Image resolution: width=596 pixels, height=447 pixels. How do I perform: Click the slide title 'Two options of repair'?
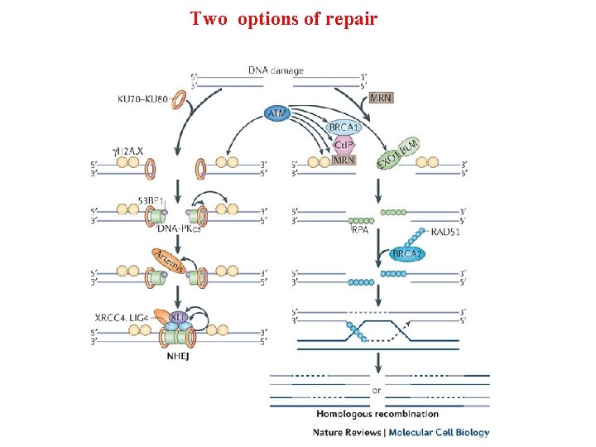[283, 18]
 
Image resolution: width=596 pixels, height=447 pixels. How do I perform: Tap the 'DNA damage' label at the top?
[276, 70]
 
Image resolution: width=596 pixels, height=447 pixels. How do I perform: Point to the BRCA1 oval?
[344, 127]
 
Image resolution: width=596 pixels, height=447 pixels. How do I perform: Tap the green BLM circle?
[409, 146]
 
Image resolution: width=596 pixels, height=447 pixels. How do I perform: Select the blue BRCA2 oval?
[407, 253]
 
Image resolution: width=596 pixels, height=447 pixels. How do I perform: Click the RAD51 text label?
[445, 232]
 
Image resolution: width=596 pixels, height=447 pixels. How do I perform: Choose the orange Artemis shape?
[168, 259]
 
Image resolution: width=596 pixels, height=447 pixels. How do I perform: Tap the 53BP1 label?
[156, 201]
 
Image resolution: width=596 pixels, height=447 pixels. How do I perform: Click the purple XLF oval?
[178, 316]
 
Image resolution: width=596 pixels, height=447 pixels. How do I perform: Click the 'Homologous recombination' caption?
[377, 413]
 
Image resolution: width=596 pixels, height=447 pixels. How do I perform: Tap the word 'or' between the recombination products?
[377, 389]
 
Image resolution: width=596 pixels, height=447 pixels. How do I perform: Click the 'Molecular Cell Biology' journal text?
[439, 431]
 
